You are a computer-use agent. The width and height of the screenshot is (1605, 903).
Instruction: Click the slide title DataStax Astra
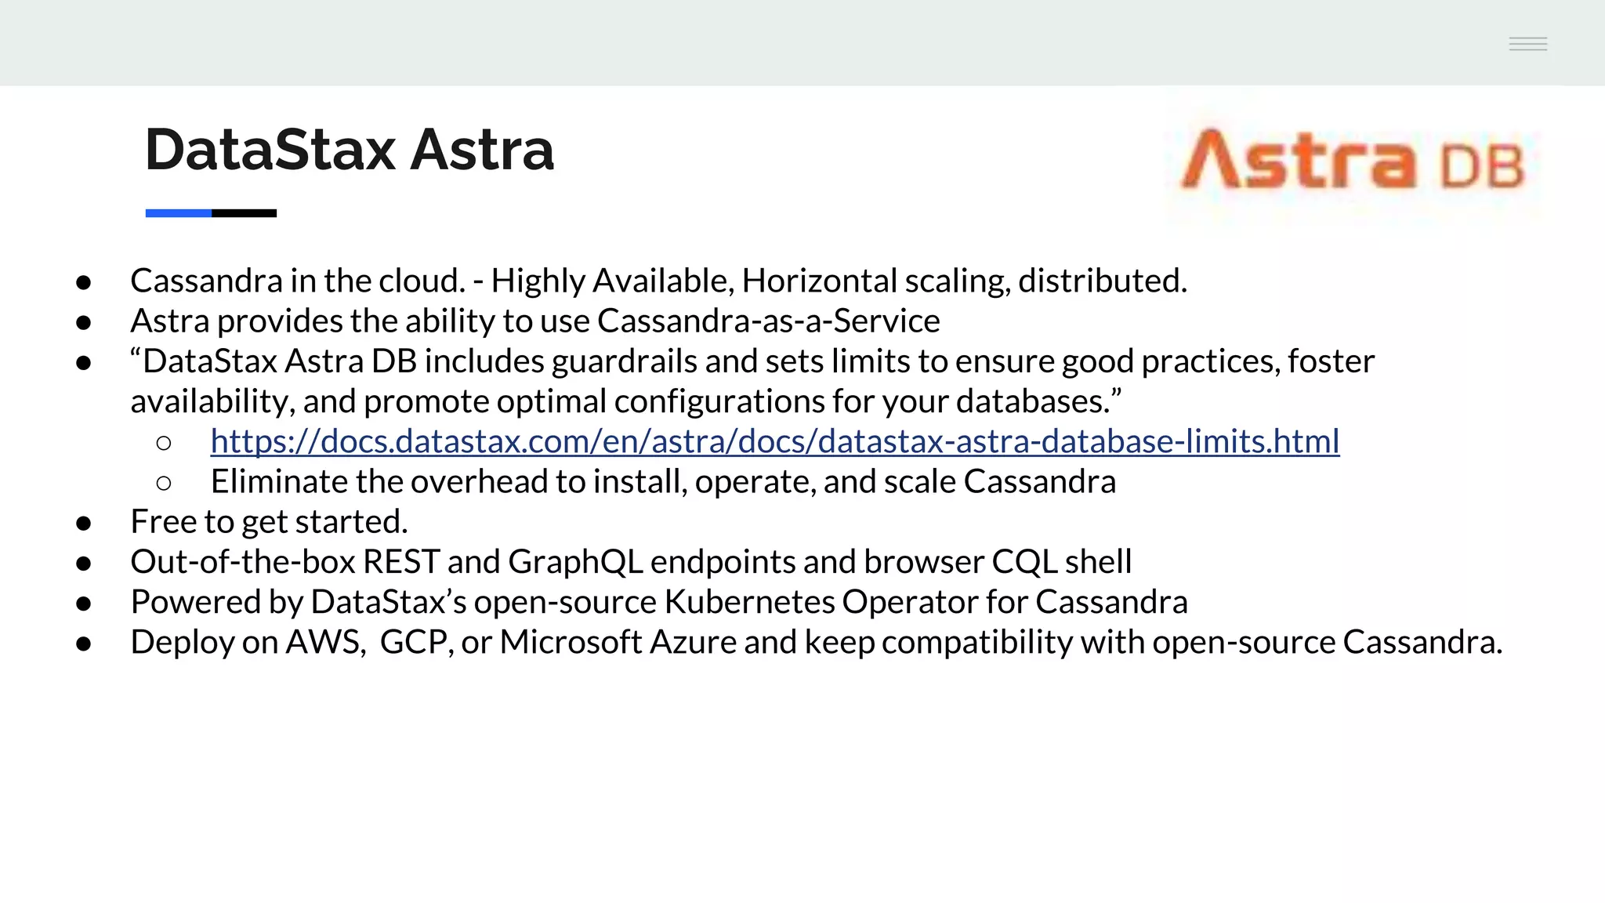pos(350,150)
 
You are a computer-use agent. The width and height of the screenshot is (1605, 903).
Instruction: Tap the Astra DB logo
pos(1353,161)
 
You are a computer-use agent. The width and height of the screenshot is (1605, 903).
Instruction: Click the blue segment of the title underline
pos(178,213)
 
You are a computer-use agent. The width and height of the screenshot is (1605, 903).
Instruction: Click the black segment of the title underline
pos(244,213)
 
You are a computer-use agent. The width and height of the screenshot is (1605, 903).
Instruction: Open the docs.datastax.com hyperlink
pos(774,441)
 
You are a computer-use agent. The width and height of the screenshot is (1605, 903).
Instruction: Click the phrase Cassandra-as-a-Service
pos(768,321)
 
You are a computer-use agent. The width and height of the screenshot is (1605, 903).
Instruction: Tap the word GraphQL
pos(575,562)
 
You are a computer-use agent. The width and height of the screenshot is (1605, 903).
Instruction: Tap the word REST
pos(401,562)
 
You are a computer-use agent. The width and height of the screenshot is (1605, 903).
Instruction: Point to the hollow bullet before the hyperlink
pos(164,444)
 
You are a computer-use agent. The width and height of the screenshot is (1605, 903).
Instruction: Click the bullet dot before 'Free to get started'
pos(84,524)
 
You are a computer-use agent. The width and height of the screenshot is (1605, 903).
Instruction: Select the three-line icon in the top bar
pos(1527,44)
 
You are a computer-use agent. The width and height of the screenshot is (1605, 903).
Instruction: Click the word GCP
pos(414,642)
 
